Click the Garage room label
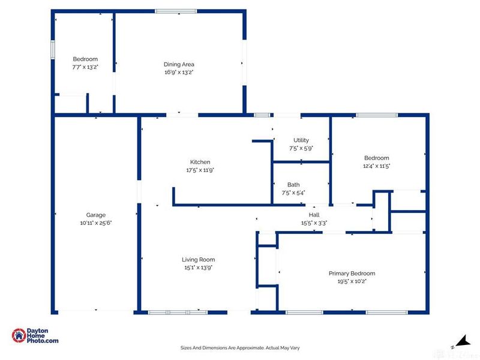96,215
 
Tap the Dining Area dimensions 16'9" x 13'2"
179,72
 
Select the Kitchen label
200,162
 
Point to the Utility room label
301,140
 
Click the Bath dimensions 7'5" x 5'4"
293,193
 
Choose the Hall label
314,215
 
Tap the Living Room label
199,260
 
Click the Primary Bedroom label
352,274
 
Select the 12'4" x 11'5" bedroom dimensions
377,166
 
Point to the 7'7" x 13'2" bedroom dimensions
85,67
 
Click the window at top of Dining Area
176,11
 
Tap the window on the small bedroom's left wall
53,49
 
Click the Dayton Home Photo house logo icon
19,335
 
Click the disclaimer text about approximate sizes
240,348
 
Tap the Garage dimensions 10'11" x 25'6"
96,223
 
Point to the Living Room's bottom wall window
178,312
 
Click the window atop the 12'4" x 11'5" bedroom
377,115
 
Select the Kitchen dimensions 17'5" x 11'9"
200,170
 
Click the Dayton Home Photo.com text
42,335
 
